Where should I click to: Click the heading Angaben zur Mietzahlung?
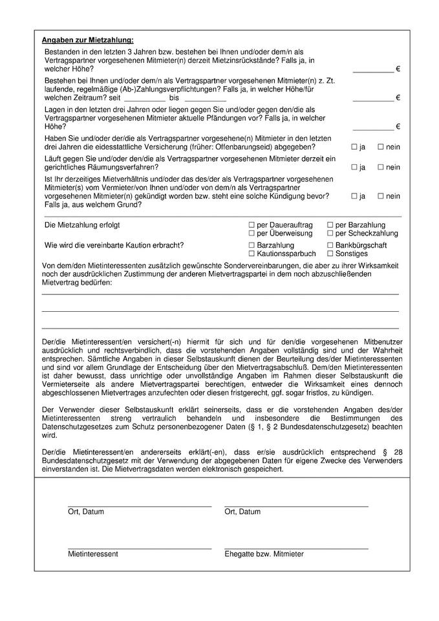pos(87,40)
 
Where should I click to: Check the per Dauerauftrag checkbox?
pos(252,224)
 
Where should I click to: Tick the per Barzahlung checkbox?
pos(330,224)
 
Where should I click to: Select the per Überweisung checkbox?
pos(252,233)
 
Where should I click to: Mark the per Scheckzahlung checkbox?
pos(330,233)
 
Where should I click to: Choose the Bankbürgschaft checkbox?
pos(330,245)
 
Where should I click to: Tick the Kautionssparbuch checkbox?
pos(252,254)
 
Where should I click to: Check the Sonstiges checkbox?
pos(330,254)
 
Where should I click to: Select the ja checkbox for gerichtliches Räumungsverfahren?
pos(354,167)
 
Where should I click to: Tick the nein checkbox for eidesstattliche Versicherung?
pos(381,147)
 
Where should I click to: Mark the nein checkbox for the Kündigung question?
pos(381,195)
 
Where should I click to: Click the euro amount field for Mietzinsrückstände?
pos(372,69)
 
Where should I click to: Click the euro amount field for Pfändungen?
pos(372,126)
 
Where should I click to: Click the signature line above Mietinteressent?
pos(139,548)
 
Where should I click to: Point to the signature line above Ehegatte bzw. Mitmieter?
pos(296,548)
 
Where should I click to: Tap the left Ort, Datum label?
pos(86,512)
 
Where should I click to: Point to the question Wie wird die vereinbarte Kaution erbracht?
pos(114,245)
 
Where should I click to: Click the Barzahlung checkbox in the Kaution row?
pos(252,245)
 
